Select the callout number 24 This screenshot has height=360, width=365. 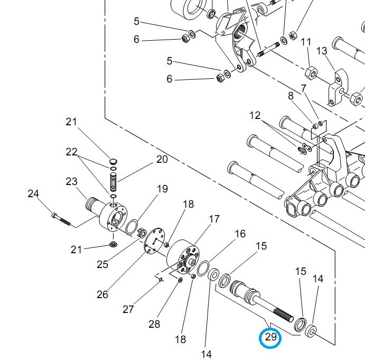click(33, 194)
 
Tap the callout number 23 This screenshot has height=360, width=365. click(72, 181)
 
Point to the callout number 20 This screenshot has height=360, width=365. click(161, 159)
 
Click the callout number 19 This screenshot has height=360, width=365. click(162, 189)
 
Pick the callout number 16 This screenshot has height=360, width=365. click(240, 234)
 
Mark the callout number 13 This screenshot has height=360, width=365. click(322, 51)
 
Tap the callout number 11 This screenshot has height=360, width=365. click(306, 42)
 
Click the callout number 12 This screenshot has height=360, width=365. click(255, 115)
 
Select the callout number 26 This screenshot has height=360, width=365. click(102, 294)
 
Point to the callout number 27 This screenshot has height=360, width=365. click(128, 309)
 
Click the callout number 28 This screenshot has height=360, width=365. click(154, 324)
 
